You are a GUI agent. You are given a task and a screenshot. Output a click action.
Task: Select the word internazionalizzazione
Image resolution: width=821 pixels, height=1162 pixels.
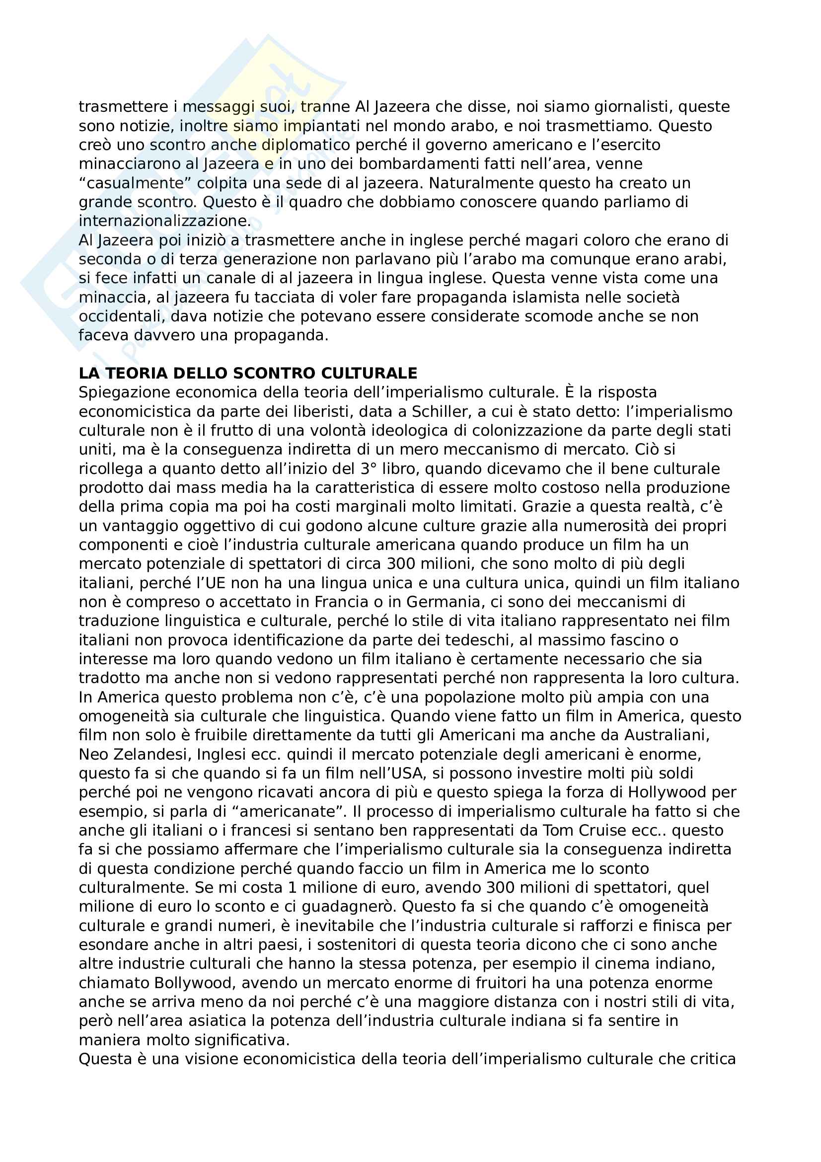(164, 221)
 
